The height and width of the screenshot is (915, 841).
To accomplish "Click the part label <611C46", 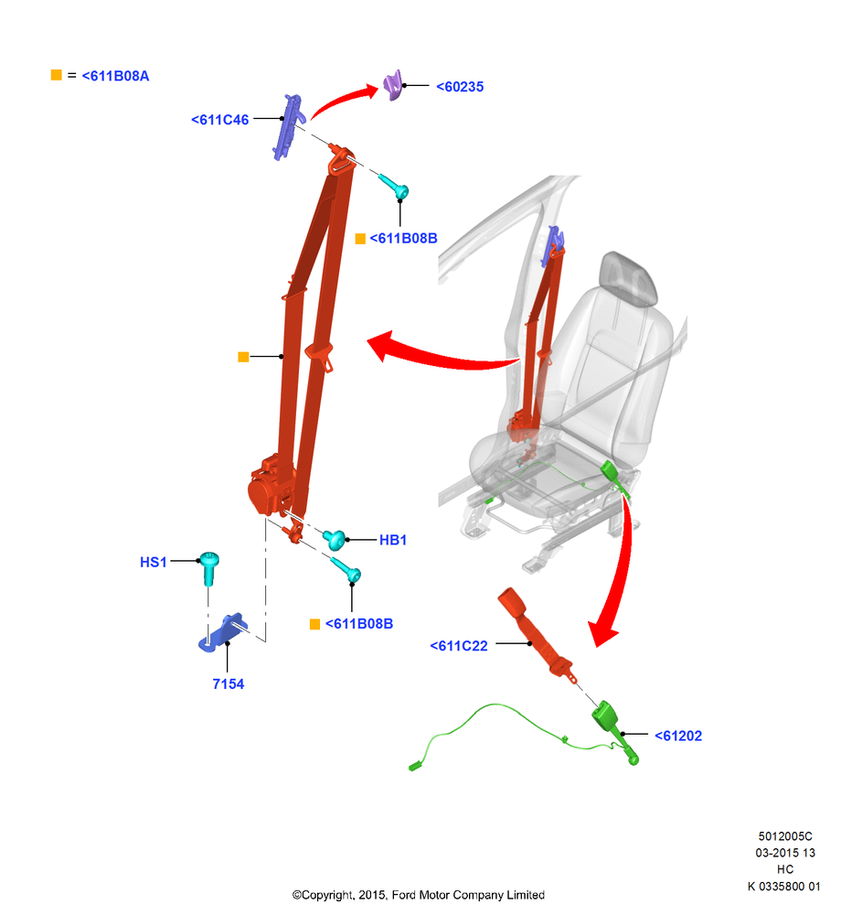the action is pyautogui.click(x=219, y=120).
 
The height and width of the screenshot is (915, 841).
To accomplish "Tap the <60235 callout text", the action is pyautogui.click(x=460, y=87).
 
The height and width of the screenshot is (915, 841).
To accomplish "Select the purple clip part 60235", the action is pyautogui.click(x=394, y=85).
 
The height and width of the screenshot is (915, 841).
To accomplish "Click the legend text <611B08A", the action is pyautogui.click(x=115, y=76).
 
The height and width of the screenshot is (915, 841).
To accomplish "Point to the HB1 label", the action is pyautogui.click(x=393, y=541).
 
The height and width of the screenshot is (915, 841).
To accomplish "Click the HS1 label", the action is pyautogui.click(x=154, y=562).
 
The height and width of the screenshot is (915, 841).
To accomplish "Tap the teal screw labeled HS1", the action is pyautogui.click(x=209, y=567).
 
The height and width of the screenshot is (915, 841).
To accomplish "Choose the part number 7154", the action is pyautogui.click(x=228, y=684).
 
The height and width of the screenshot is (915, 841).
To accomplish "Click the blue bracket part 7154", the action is pyautogui.click(x=223, y=632).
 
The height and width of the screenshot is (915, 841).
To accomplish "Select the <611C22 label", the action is pyautogui.click(x=459, y=646).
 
